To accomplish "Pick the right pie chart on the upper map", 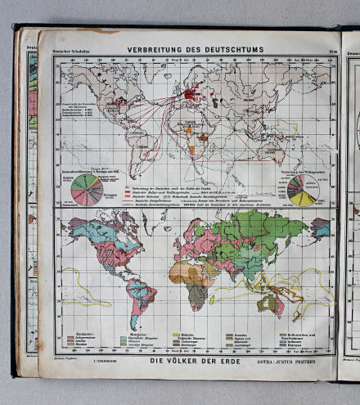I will (x=301, y=190).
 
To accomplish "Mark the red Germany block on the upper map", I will (x=191, y=96).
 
